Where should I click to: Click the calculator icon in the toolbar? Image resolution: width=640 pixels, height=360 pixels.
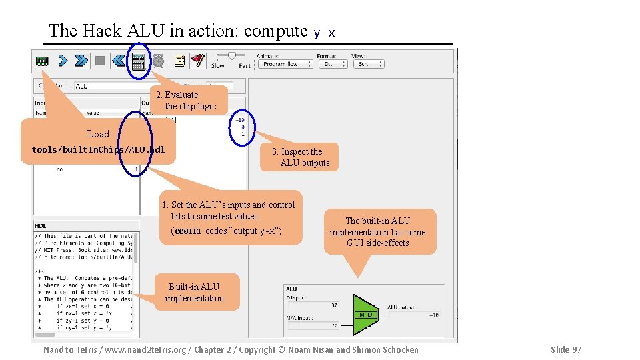pos(139,62)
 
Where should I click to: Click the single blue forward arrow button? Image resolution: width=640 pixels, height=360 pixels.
pos(63,61)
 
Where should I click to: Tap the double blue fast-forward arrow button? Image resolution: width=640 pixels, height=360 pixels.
pos(81,61)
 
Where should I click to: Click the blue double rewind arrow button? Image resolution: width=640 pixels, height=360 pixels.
pos(119,61)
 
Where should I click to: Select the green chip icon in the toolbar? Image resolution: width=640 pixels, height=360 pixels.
pos(42,61)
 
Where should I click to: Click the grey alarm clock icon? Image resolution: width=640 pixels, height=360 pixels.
pos(158,61)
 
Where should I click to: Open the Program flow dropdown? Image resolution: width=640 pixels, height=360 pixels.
pos(287,64)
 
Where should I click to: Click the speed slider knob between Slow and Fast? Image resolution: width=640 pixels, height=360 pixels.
pos(231,55)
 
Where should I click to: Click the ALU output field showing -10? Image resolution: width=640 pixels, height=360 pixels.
pos(414,315)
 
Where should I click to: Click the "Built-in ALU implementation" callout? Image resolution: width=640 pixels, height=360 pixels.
pos(195,293)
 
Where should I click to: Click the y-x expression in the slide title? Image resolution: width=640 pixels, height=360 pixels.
pos(324,32)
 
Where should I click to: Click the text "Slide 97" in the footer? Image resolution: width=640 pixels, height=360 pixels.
pos(565,349)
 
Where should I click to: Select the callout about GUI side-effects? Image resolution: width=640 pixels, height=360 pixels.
pos(378,231)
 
